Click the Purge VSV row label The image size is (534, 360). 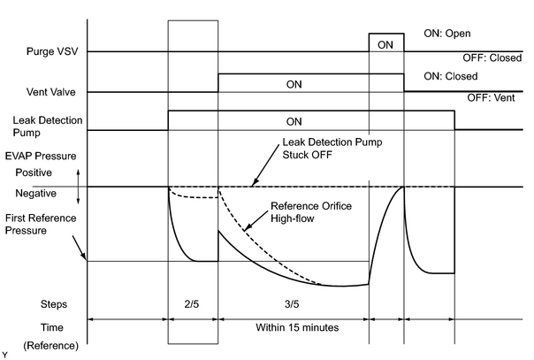click(52, 51)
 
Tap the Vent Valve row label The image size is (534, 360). click(51, 92)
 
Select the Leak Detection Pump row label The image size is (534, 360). click(48, 126)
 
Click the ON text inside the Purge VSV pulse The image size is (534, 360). click(385, 45)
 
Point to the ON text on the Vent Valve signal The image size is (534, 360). click(294, 84)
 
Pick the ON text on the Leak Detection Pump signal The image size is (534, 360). click(294, 122)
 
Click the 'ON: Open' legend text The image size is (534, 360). click(447, 34)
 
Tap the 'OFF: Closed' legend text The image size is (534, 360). click(492, 57)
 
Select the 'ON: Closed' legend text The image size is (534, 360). click(451, 76)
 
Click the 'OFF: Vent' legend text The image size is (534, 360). click(491, 98)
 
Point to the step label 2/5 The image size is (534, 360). click(191, 303)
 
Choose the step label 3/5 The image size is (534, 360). click(292, 303)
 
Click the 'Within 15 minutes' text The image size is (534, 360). click(297, 327)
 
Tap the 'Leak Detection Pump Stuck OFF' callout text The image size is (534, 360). click(332, 149)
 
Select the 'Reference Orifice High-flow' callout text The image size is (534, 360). click(311, 212)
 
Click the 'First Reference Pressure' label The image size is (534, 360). click(41, 224)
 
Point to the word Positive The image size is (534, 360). click(34, 172)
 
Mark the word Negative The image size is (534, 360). click(35, 194)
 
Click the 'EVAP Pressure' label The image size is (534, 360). click(41, 157)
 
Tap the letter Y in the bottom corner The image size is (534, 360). click(4, 356)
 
